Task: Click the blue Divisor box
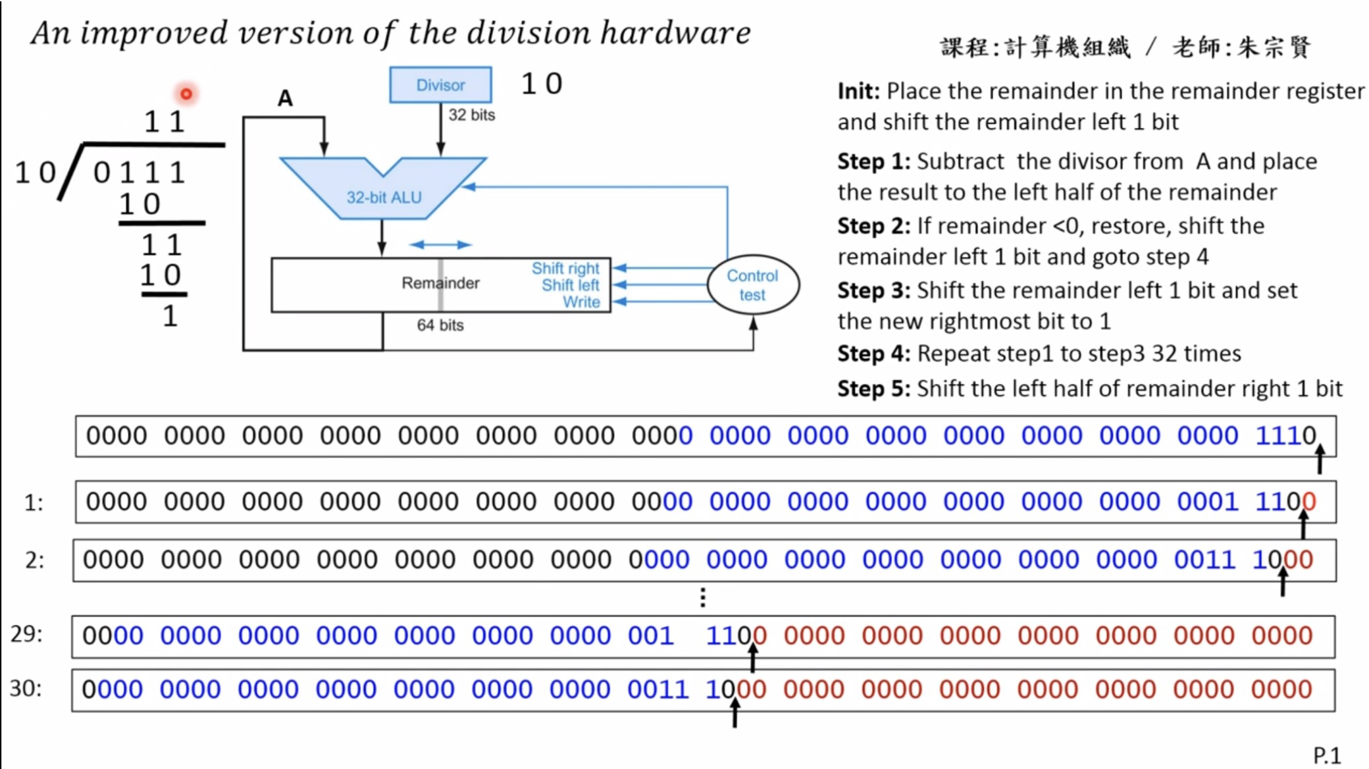click(x=440, y=85)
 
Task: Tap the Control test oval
click(x=753, y=285)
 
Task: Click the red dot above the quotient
click(x=186, y=94)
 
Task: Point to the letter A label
click(x=285, y=98)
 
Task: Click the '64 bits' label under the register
click(x=440, y=325)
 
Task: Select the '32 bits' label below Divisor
click(x=472, y=115)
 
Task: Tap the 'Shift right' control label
click(x=565, y=268)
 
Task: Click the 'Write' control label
click(x=581, y=302)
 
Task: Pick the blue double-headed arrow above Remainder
click(x=440, y=245)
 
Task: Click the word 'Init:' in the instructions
click(x=859, y=91)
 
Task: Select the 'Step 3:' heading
click(x=874, y=290)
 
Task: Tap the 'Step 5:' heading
click(x=874, y=388)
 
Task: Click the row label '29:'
click(x=26, y=634)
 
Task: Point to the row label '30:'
click(x=26, y=689)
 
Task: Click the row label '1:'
click(x=34, y=503)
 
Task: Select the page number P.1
click(x=1327, y=755)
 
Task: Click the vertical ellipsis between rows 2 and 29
click(x=703, y=598)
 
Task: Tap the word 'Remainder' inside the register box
click(x=440, y=283)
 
